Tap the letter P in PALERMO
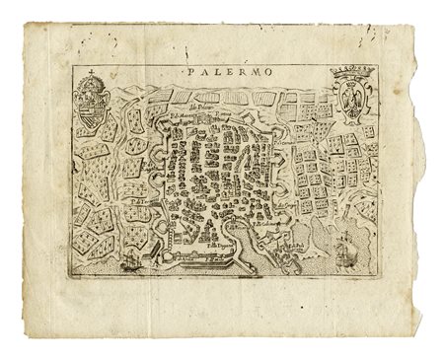tap(187, 73)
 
